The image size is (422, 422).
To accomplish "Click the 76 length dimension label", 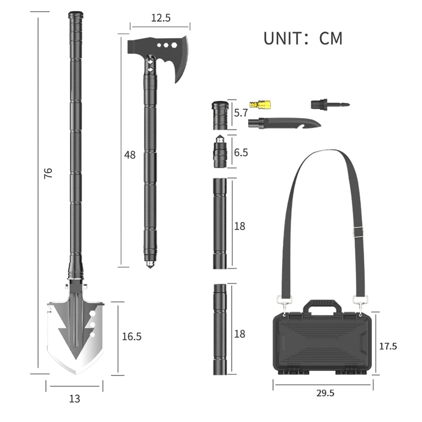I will pyautogui.click(x=49, y=173).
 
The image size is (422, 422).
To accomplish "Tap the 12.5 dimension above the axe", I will pyautogui.click(x=160, y=18).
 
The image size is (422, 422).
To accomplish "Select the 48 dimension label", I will pyautogui.click(x=130, y=155).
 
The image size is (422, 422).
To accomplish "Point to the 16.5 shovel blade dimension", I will pyautogui.click(x=131, y=336).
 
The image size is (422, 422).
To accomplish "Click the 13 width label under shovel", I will pyautogui.click(x=74, y=398).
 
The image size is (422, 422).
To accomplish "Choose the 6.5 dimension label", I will pyautogui.click(x=241, y=152).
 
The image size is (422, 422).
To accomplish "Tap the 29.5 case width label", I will pyautogui.click(x=325, y=393).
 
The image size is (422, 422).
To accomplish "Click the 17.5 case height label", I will pyautogui.click(x=388, y=346).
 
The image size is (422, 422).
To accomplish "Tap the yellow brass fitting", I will pyautogui.click(x=260, y=104).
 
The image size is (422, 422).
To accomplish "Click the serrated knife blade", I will pyautogui.click(x=291, y=123).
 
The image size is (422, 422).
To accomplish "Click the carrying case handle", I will pyautogui.click(x=322, y=305).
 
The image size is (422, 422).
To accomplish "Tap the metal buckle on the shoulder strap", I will pyautogui.click(x=358, y=230).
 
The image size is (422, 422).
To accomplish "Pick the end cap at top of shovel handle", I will pyautogui.click(x=76, y=15).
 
